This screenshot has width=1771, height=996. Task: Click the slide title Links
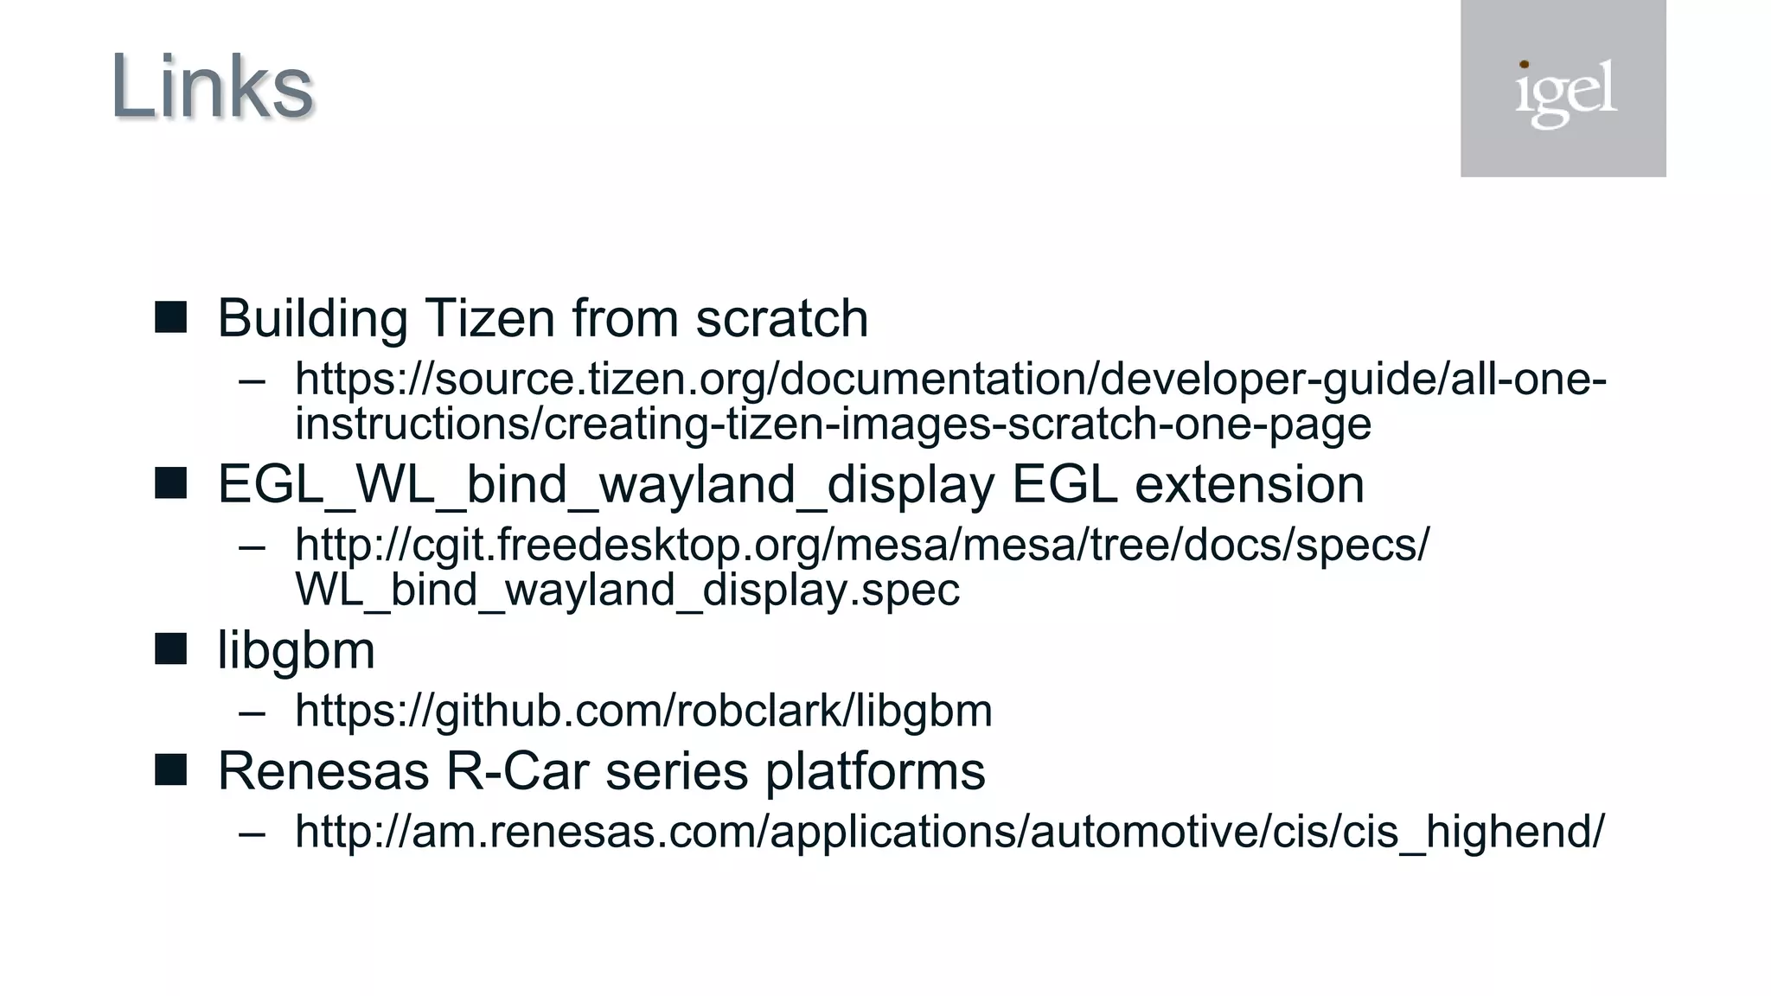[212, 86]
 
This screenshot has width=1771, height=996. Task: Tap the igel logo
[1563, 90]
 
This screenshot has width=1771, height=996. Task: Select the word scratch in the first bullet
[782, 318]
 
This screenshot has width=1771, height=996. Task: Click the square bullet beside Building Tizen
[170, 317]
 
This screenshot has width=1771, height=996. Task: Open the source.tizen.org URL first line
[949, 380]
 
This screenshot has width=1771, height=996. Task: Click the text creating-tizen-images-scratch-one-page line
[832, 424]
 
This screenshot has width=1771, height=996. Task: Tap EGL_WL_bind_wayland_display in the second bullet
[605, 484]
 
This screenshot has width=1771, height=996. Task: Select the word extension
[1249, 484]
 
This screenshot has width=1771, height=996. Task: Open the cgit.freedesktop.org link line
[861, 545]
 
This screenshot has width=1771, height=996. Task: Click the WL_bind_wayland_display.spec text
[627, 590]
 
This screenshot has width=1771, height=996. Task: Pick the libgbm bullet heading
[296, 650]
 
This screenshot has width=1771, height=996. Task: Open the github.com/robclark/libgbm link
[643, 711]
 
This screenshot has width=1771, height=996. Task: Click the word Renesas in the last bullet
[323, 770]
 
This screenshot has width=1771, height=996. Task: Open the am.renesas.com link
[949, 831]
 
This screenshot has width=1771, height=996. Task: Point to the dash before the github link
[252, 712]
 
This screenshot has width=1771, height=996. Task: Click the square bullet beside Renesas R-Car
[170, 769]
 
